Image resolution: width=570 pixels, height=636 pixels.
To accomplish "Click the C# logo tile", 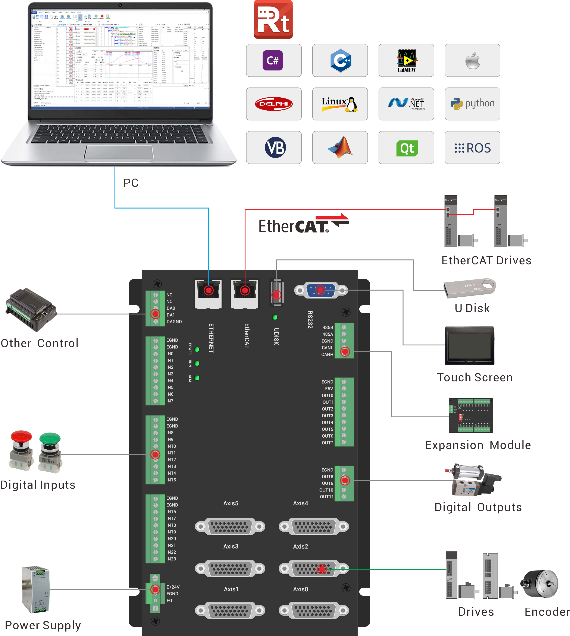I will coord(273,60).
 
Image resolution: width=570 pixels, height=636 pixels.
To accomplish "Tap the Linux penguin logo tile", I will coord(340,104).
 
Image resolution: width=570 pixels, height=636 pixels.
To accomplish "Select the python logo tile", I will coord(472,104).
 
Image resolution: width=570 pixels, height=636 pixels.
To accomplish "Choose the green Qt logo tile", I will coord(406,148).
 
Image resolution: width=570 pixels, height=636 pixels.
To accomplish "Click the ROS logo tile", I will coord(472,148).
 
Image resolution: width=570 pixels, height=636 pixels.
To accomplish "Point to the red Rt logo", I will coord(273,19).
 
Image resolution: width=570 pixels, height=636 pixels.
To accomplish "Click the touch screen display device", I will coord(469,346).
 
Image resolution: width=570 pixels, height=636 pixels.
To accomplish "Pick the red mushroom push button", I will coord(21,449).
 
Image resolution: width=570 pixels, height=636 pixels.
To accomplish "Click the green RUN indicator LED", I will coord(197,363).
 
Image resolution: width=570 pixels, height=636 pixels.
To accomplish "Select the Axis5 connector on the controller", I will coord(230,527).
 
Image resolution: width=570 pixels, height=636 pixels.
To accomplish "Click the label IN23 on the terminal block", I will coord(171,559).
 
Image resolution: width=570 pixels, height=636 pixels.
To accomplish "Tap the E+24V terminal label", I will coord(173,587).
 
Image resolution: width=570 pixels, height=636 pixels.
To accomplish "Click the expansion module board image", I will coord(470,415).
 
